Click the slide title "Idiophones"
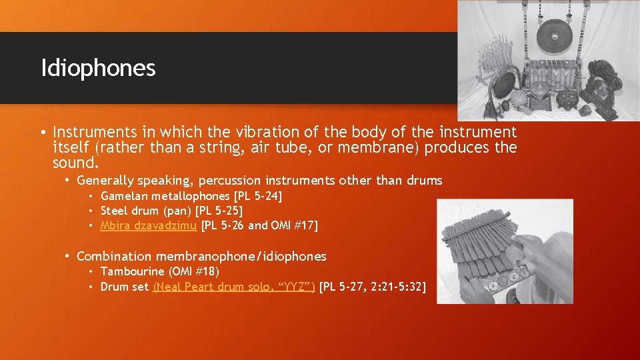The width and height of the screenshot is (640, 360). pyautogui.click(x=98, y=68)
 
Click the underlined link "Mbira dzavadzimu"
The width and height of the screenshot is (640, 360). pyautogui.click(x=148, y=225)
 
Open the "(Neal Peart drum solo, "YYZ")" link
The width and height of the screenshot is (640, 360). pyautogui.click(x=234, y=287)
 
